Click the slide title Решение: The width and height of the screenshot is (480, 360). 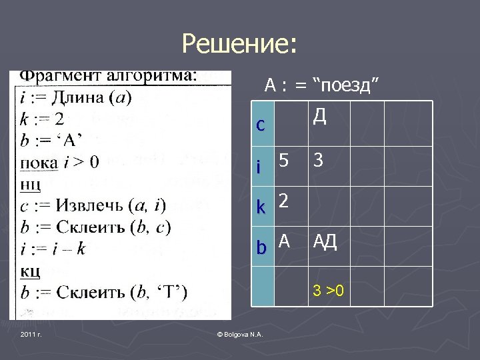(239, 45)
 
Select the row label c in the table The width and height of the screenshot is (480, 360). (261, 125)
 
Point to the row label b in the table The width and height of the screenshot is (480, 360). (261, 247)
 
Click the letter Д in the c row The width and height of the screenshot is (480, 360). (319, 117)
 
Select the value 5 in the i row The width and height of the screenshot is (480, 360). (285, 161)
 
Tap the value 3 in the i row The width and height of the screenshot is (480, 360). (319, 161)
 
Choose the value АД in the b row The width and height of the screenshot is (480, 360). (325, 241)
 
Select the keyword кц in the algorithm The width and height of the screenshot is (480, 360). (31, 271)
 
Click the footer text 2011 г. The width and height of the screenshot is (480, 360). (31, 333)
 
